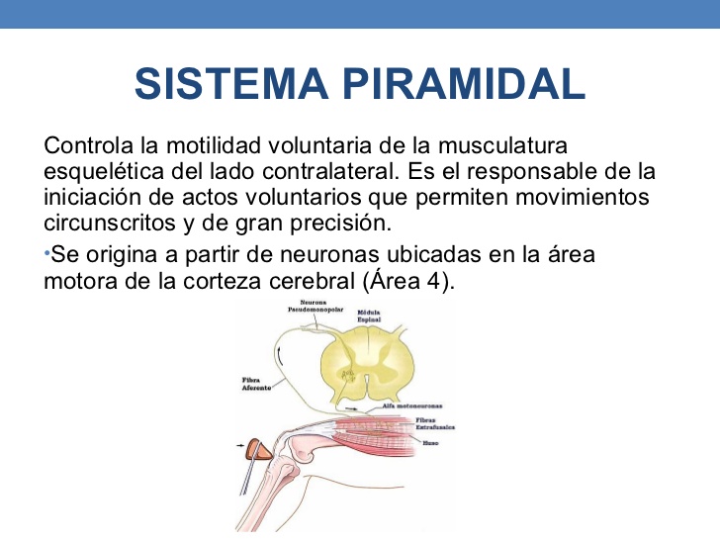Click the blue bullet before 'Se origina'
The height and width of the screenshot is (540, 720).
(46, 253)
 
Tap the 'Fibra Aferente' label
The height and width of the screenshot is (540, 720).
(257, 384)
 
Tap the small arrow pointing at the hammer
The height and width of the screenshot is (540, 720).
(241, 448)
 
